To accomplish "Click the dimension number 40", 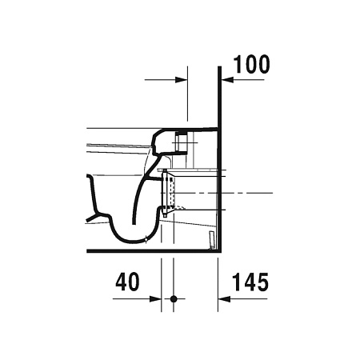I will click(127, 282).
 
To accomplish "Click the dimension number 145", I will click(250, 282).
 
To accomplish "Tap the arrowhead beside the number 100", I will click(226, 79).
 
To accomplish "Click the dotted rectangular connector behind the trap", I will click(169, 192).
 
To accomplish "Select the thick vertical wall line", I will click(219, 160).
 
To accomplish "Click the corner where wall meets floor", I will click(219, 251).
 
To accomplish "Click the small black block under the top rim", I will click(182, 133).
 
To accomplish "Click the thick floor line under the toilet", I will click(152, 251).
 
